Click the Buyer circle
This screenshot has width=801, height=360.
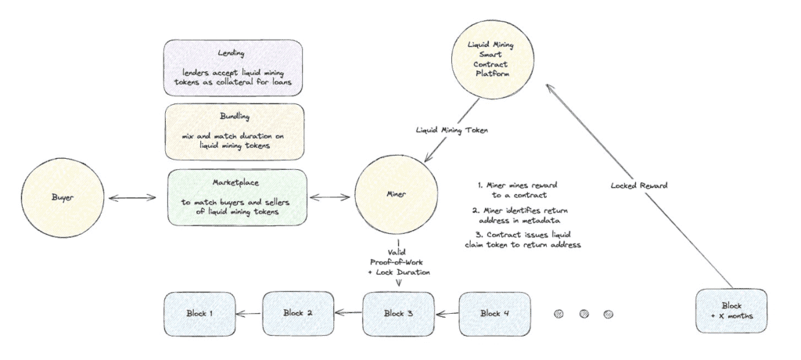(63, 197)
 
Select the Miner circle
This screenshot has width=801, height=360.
(396, 194)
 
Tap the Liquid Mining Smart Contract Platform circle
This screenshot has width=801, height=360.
(492, 59)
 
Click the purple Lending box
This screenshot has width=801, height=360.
(233, 67)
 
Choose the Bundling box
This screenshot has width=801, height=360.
(235, 131)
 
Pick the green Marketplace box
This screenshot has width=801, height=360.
(238, 197)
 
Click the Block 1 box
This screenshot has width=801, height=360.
(199, 314)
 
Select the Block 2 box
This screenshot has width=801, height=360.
(298, 314)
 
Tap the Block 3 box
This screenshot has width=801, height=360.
(398, 314)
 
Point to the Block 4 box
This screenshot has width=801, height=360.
(494, 314)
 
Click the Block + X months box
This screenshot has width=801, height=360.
(731, 311)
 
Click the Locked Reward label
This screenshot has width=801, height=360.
(638, 185)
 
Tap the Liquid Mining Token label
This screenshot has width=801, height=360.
(452, 131)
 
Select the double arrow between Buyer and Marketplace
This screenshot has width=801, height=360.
(131, 197)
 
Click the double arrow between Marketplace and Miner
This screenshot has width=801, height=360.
(332, 197)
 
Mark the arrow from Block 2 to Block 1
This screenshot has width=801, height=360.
(249, 314)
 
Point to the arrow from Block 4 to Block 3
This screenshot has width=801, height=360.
(447, 313)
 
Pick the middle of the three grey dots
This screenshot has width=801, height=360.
(584, 314)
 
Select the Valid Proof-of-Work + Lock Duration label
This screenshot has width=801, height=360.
(399, 263)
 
